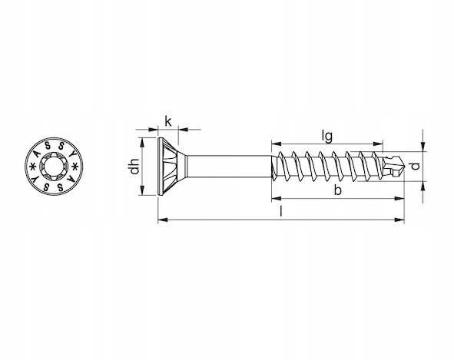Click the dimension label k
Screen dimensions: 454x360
pos(168,121)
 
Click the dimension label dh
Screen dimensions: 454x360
pos(134,167)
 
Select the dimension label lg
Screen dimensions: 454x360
pos(327,136)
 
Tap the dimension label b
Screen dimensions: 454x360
pos(337,190)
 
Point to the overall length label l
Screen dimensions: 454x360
pos(280,211)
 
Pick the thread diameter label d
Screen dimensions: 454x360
pos(416,166)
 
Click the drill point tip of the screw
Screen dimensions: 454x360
pos(403,167)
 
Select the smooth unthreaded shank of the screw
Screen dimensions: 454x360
pos(229,167)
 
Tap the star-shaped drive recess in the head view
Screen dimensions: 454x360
pos(54,167)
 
